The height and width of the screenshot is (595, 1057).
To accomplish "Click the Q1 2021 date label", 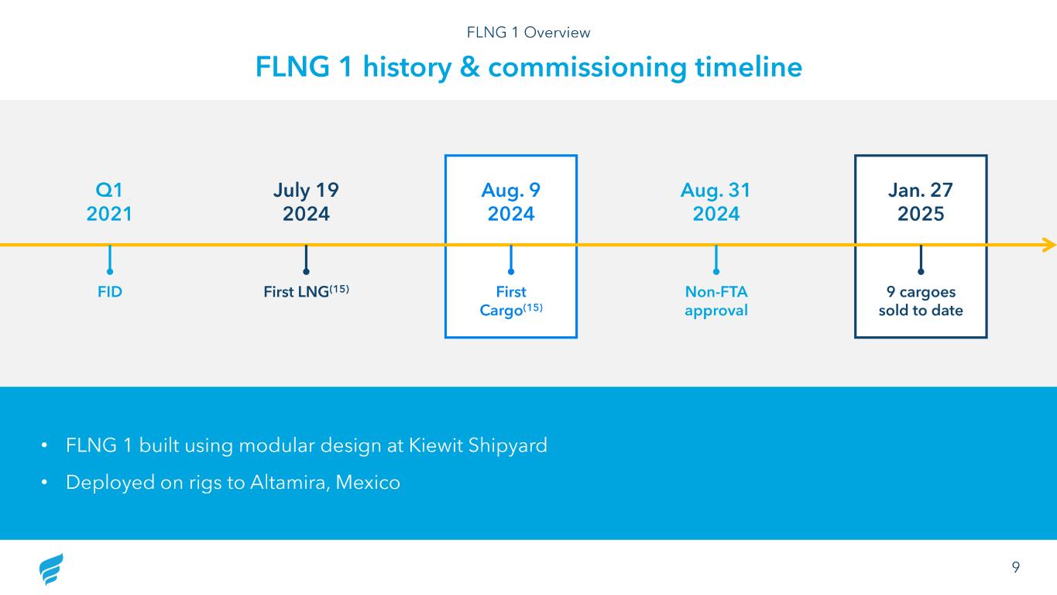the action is tap(109, 201).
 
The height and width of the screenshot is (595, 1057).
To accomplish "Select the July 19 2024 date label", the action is tap(306, 201).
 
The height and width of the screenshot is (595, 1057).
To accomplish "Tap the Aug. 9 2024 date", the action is tap(510, 201).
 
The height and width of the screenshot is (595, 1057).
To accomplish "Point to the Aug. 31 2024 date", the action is tap(716, 201).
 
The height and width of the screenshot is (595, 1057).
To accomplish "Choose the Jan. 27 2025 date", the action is tap(920, 201).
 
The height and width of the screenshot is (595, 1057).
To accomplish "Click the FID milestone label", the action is tap(109, 292).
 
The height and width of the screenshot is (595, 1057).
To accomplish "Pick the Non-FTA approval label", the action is tap(716, 301).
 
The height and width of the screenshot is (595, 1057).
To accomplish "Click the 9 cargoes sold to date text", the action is tap(920, 301).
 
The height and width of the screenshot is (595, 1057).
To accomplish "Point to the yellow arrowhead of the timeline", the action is tap(1049, 245).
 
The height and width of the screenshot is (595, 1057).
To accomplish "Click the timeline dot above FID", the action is tap(109, 271).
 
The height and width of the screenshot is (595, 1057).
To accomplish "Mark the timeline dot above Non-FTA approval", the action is tap(716, 271).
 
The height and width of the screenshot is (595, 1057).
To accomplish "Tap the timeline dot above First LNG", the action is tap(306, 271).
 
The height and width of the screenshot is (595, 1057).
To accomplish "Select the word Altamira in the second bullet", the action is tap(290, 483).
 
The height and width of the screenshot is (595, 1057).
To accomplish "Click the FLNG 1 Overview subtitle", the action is tap(528, 33).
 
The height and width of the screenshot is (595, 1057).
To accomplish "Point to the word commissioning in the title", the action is tap(587, 67).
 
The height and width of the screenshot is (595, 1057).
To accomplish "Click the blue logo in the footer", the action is tap(51, 569).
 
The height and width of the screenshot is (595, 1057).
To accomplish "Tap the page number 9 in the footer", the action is tap(1015, 566).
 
